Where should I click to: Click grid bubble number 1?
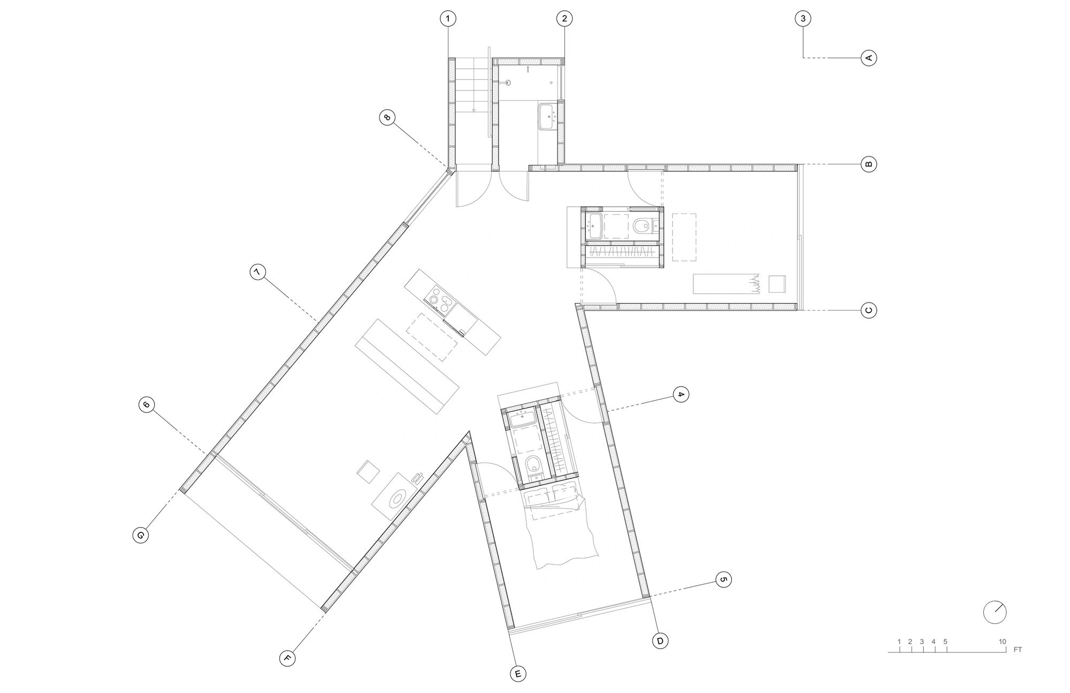coord(448,19)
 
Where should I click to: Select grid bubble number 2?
coord(564,19)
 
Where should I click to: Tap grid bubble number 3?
coord(802,19)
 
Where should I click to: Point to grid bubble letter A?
coord(869,57)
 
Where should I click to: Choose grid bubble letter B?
coord(869,164)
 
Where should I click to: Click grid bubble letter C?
coord(869,310)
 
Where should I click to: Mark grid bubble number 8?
coord(387,117)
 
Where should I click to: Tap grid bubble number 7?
coord(257,273)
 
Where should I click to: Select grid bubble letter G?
coord(140,534)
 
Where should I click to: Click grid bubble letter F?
coord(288,658)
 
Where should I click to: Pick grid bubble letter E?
coord(518,674)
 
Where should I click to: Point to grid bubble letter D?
coord(661,641)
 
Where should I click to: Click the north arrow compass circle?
coord(995,612)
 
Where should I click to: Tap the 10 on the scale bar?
coord(1002,642)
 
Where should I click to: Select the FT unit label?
coord(1018,650)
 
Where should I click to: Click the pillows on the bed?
coord(551,497)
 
